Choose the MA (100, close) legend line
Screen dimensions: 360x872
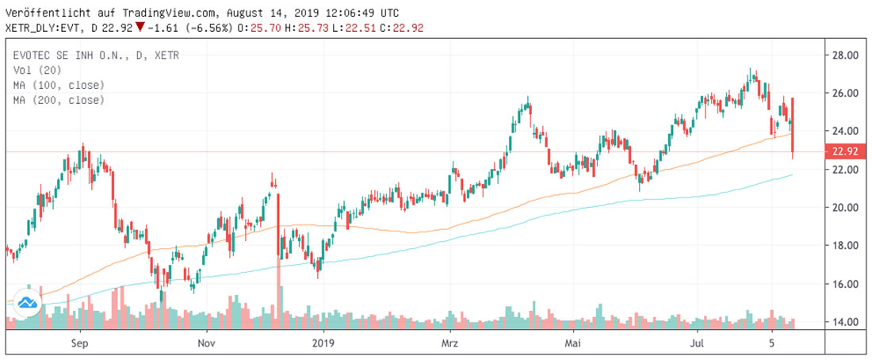point(59,85)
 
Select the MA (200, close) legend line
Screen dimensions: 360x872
point(59,100)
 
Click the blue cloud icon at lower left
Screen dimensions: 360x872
point(29,303)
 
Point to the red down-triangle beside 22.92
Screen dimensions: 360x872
point(140,28)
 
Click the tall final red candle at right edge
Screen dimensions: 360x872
point(793,127)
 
